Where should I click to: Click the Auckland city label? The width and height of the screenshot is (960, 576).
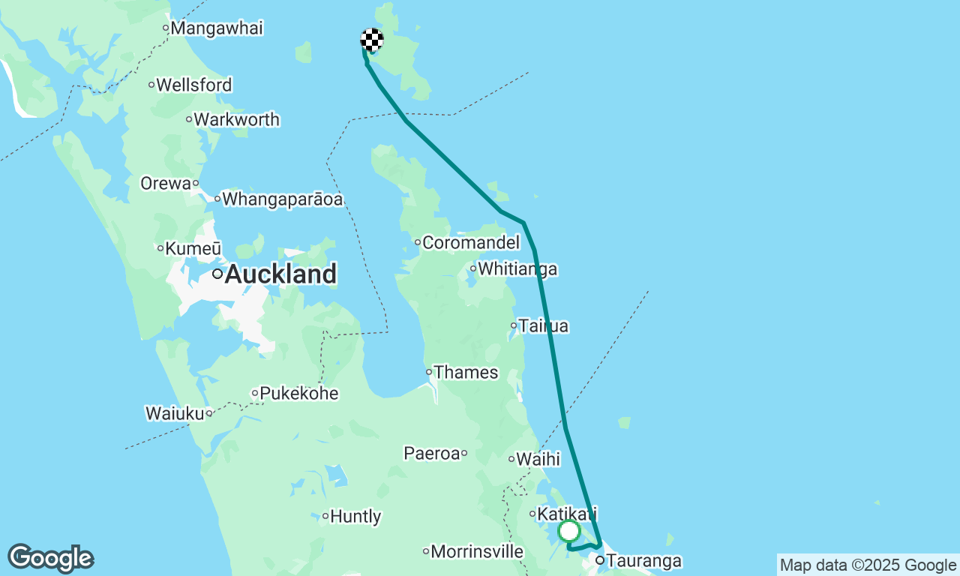tap(280, 274)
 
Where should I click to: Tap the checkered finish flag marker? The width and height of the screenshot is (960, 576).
tap(372, 40)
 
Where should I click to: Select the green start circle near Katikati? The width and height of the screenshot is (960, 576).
tap(569, 531)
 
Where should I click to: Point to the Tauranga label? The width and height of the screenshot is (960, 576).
tap(643, 560)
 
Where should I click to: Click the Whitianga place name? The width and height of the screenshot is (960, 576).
tap(517, 268)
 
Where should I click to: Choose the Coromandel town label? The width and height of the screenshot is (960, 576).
tap(471, 242)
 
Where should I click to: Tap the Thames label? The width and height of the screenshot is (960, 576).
tap(466, 372)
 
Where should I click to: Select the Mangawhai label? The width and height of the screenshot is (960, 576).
tap(217, 28)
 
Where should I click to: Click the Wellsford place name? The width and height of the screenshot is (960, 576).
tap(194, 85)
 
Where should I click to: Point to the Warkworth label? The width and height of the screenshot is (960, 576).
tap(236, 119)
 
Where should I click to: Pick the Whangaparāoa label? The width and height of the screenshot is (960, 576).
tap(282, 199)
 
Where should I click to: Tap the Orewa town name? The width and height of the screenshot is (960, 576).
tap(166, 183)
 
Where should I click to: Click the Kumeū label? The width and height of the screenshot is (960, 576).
tap(193, 248)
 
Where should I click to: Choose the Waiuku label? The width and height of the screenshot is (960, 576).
tap(175, 413)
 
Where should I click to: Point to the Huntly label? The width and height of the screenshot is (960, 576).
tap(355, 516)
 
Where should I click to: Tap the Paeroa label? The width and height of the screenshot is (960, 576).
tap(431, 453)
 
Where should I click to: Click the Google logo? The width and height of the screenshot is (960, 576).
tap(51, 559)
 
